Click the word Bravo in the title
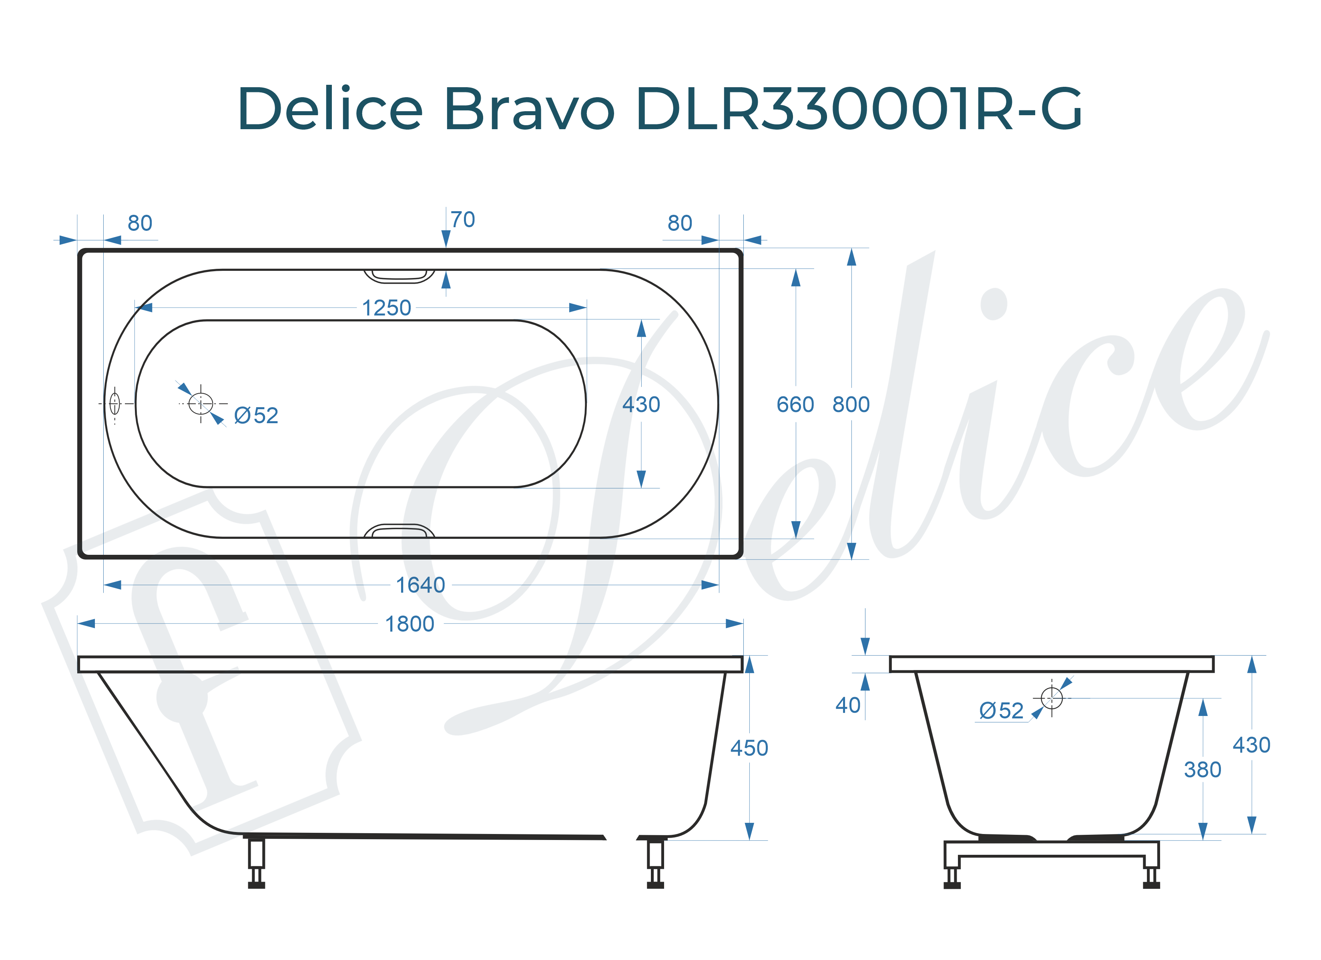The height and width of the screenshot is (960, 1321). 529,109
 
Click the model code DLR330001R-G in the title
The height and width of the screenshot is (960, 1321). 859,109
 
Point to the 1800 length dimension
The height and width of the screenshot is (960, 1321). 410,624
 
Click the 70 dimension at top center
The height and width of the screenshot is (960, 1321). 462,220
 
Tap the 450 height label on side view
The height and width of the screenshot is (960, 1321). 749,748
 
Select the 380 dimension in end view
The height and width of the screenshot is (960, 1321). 1202,770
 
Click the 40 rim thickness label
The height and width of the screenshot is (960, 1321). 847,705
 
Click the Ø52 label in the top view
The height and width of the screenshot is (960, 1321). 256,416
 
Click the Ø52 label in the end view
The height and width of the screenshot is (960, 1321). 1001,711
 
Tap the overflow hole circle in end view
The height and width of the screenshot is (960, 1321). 1051,698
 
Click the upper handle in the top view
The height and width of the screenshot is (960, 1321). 399,275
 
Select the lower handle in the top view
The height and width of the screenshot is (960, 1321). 399,531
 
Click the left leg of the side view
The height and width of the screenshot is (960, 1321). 256,862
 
